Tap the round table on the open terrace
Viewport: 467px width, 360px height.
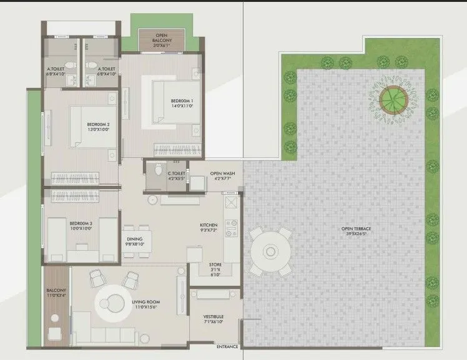tap(270, 251)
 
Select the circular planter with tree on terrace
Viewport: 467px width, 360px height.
tap(392, 97)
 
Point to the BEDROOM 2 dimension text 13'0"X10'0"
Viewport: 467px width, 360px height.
tap(98, 130)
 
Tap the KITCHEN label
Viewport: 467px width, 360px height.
tap(208, 225)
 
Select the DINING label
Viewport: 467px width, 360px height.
tap(134, 239)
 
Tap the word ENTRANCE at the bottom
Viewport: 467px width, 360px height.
tap(227, 346)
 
